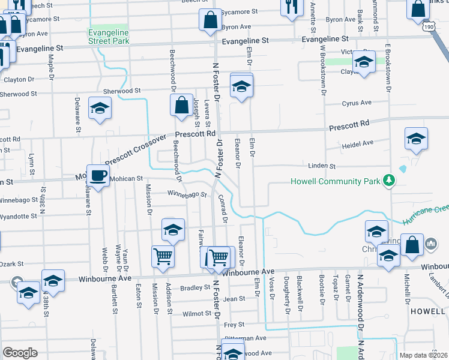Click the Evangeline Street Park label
[x=108, y=36]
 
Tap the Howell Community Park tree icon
[x=389, y=181]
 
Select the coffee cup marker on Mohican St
[x=98, y=175]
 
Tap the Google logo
[x=20, y=353]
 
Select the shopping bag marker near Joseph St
[x=181, y=106]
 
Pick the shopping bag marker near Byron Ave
[x=211, y=19]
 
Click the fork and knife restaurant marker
[x=291, y=7]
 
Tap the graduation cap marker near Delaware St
[x=100, y=108]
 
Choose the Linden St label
[x=321, y=165]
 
